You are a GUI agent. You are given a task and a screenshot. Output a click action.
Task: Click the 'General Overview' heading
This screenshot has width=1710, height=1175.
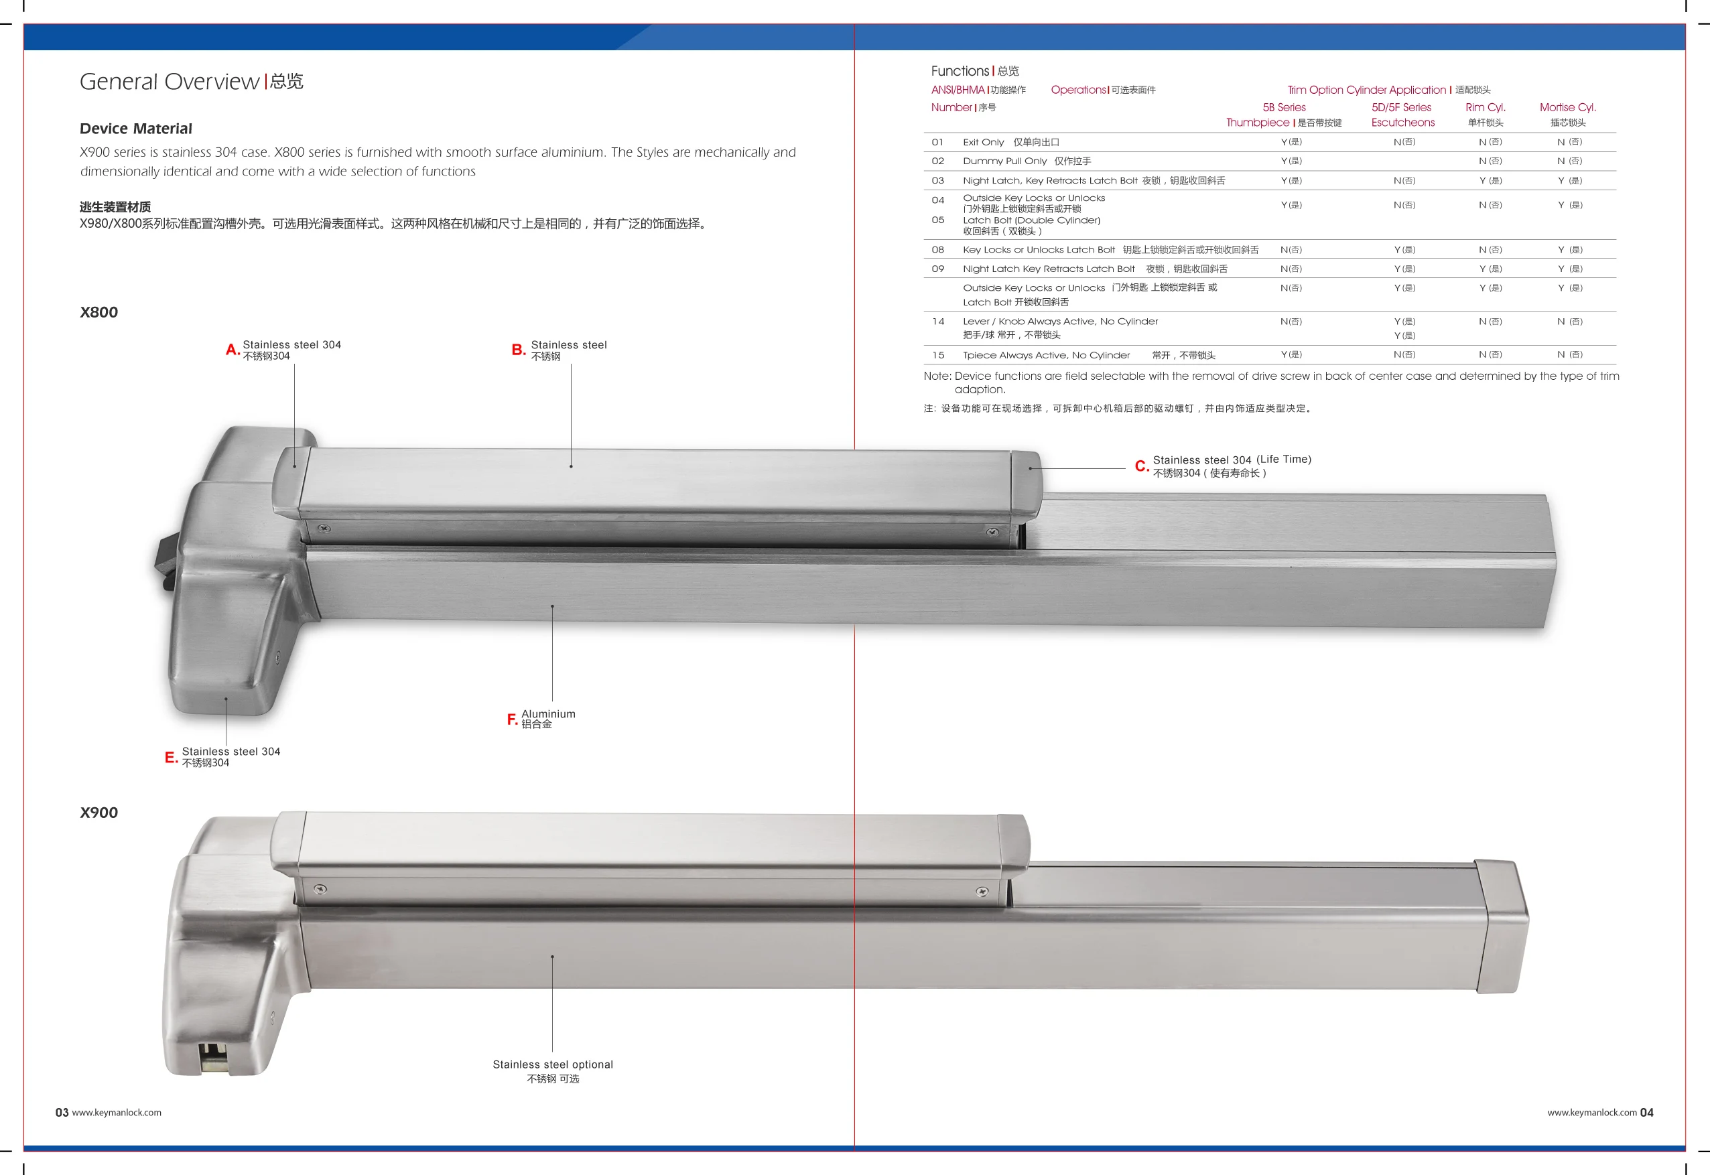click(x=170, y=82)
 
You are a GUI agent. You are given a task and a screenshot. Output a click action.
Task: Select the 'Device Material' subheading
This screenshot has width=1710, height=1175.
click(x=135, y=129)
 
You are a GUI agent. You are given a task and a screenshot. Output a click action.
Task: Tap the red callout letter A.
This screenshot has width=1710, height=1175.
click(x=232, y=350)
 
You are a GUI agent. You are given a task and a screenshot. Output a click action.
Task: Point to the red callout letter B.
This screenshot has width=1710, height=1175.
click(x=518, y=350)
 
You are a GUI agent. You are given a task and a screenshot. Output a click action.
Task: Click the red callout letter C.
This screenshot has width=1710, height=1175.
click(x=1140, y=466)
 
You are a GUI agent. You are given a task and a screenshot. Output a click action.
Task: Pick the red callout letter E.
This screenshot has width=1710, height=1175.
click(x=170, y=758)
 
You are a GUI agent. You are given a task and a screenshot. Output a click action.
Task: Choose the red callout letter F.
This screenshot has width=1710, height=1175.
click(x=512, y=719)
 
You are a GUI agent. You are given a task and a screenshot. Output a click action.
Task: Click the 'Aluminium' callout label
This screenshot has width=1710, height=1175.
click(x=549, y=714)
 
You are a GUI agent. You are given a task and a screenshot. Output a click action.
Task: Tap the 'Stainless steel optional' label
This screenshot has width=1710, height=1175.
click(x=552, y=1064)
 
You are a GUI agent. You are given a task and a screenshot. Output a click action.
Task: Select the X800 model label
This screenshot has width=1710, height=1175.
click(x=98, y=312)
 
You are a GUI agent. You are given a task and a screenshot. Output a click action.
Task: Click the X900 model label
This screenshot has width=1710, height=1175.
click(x=98, y=813)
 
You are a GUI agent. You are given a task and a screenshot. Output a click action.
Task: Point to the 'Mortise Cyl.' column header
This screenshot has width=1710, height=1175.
click(x=1567, y=107)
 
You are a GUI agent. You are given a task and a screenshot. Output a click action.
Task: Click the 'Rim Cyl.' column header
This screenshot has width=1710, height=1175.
click(x=1485, y=107)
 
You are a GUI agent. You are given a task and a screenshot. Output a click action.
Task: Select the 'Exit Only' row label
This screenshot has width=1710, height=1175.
click(x=983, y=142)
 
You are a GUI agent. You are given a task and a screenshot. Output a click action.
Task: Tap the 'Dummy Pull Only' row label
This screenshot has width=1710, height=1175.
click(x=1004, y=161)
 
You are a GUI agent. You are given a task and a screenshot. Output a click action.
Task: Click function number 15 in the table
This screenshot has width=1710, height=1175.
click(x=937, y=355)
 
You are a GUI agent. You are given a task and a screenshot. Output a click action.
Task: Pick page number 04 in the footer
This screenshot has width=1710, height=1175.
click(x=1646, y=1113)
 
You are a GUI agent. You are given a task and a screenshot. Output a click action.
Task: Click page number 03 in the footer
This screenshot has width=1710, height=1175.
click(x=62, y=1113)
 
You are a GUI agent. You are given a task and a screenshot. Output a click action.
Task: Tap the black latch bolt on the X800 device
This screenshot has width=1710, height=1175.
click(x=166, y=563)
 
